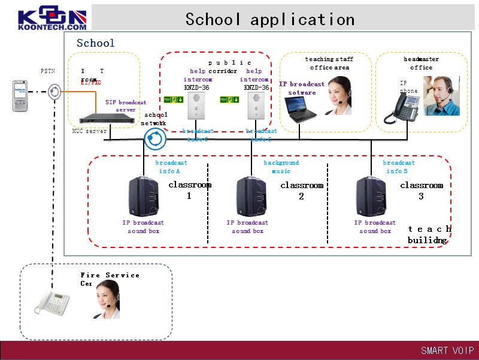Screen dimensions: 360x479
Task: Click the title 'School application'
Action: (269, 19)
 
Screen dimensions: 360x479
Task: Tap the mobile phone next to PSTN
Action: (21, 96)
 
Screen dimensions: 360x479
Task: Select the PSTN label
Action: (48, 71)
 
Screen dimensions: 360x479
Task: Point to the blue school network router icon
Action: (155, 139)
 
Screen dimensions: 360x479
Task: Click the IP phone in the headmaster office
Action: (405, 108)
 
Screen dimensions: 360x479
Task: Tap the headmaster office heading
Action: (421, 63)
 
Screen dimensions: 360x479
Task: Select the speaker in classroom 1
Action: (144, 196)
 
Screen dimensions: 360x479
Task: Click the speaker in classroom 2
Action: (251, 196)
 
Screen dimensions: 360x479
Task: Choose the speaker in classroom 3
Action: (371, 196)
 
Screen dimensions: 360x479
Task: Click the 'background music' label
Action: (281, 167)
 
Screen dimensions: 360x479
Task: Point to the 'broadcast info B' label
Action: (399, 167)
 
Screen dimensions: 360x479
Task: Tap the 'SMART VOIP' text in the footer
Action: (447, 350)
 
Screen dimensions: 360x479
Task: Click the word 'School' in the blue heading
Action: (95, 43)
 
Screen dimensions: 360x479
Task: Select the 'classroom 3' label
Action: (422, 190)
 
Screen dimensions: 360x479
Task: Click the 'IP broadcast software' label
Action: (302, 88)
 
